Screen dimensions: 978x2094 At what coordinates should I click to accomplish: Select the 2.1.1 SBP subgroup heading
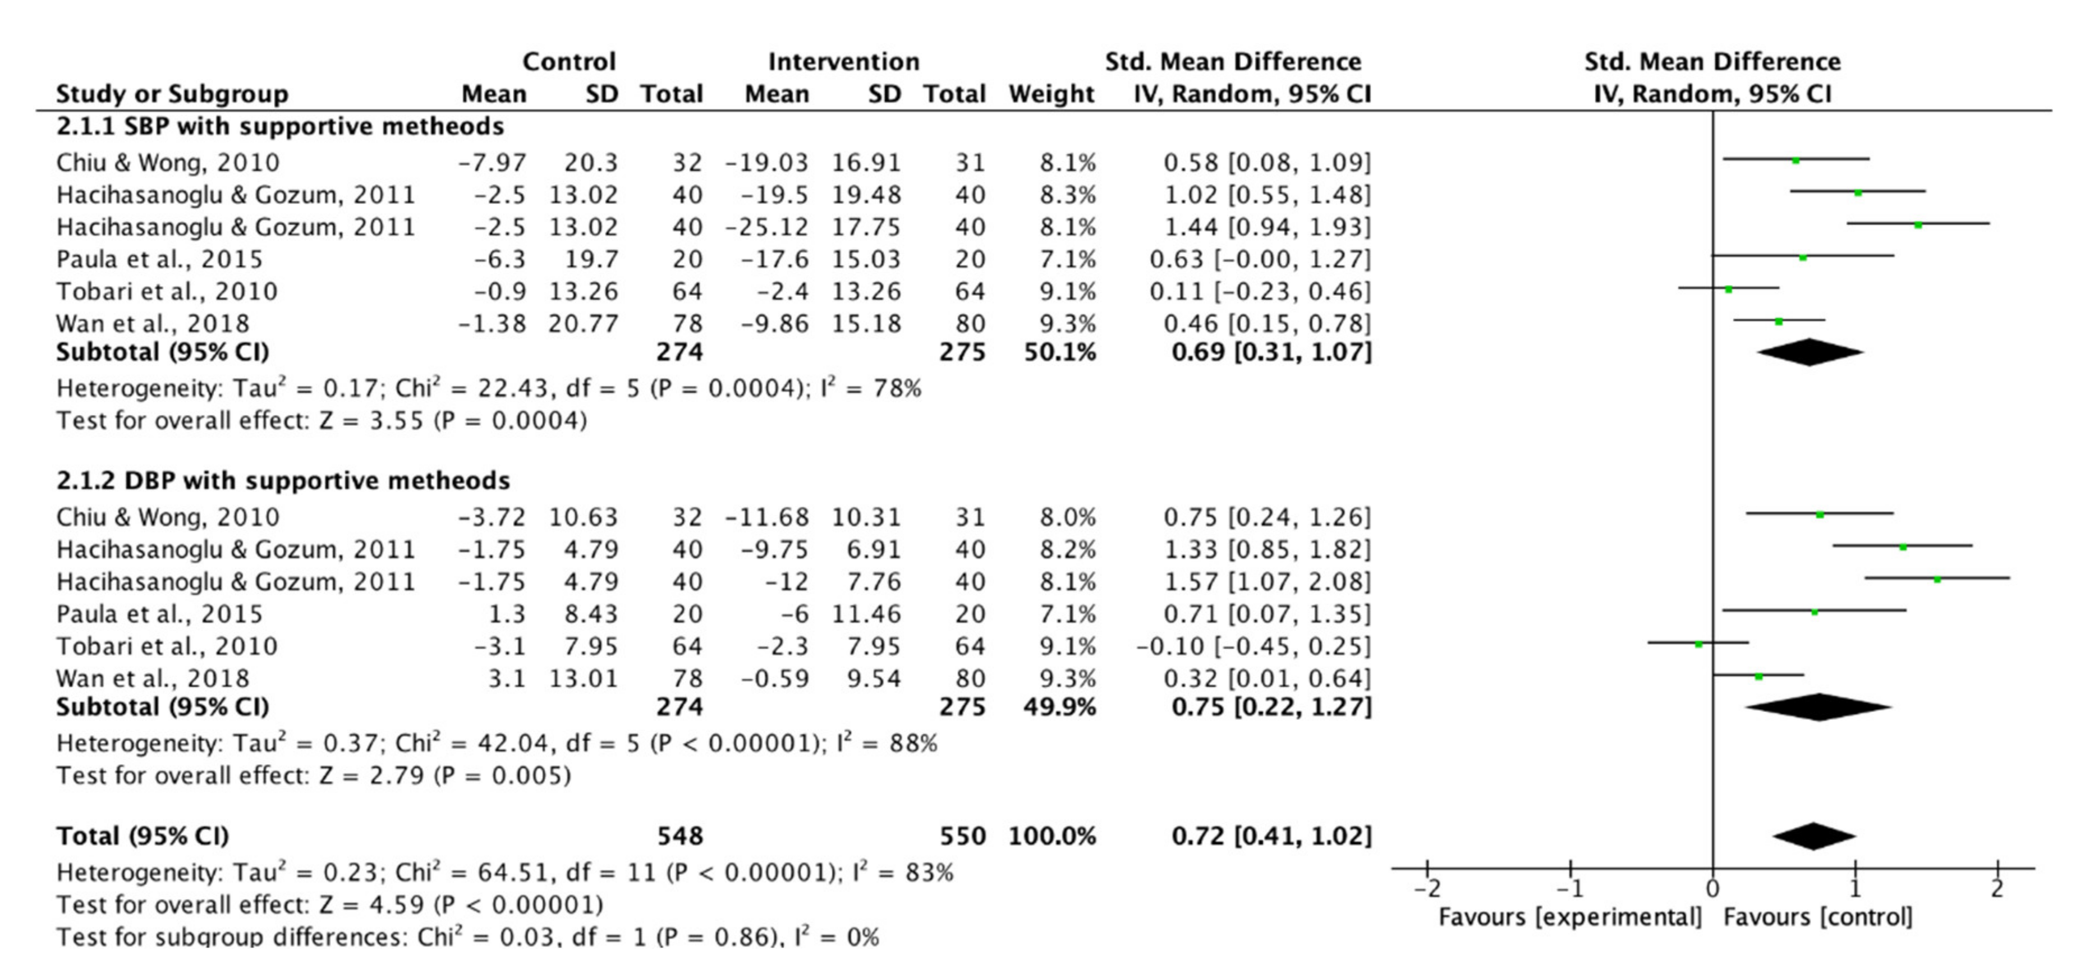pos(279,127)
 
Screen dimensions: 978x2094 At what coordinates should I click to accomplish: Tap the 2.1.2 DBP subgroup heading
pos(283,481)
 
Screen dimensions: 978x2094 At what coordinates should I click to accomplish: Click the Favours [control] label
pos(1817,918)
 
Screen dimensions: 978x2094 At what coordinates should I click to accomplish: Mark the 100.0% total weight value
pos(1052,837)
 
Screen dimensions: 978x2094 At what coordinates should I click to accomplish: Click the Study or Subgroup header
pos(172,94)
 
